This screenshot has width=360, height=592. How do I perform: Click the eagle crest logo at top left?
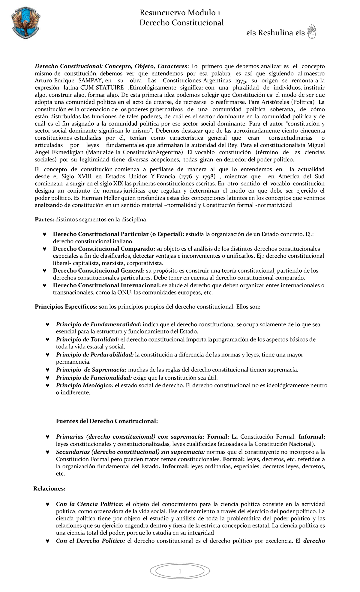click(x=25, y=23)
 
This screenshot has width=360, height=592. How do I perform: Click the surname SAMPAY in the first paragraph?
click(x=91, y=81)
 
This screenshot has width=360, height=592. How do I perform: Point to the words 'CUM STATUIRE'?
click(x=102, y=88)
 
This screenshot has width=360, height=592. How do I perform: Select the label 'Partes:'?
click(x=44, y=220)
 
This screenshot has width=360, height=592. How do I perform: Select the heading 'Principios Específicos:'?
click(x=66, y=307)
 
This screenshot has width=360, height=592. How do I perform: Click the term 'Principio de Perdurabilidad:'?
click(x=94, y=355)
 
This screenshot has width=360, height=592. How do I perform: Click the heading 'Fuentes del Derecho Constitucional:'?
click(x=107, y=421)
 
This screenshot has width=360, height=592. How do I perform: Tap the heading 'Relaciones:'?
click(x=49, y=489)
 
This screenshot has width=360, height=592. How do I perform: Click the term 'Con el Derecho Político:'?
click(x=90, y=541)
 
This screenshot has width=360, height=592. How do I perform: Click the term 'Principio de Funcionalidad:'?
click(x=94, y=378)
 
